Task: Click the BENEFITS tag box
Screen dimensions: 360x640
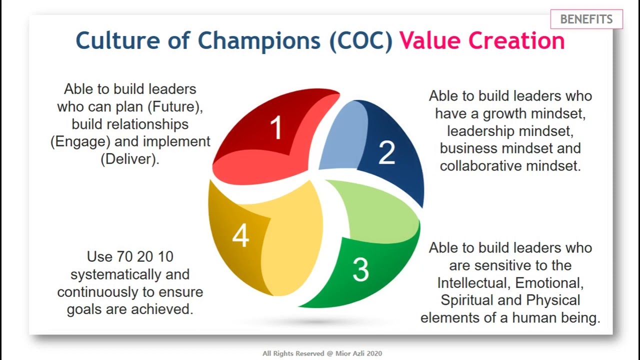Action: click(586, 19)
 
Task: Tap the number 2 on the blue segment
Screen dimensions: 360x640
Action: click(386, 152)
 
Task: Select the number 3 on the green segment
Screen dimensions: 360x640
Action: click(360, 269)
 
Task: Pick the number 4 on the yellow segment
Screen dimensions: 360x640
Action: click(240, 235)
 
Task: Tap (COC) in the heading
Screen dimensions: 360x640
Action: click(361, 41)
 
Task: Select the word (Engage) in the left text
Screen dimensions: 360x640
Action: click(80, 141)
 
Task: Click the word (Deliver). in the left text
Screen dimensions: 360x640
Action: click(129, 159)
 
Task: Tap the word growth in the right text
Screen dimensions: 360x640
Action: click(505, 113)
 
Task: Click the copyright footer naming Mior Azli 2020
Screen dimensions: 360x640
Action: click(322, 353)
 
